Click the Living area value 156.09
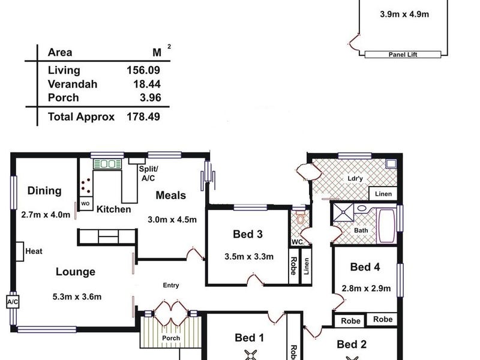[x=143, y=70]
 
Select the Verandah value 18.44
[x=147, y=84]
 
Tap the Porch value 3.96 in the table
[x=151, y=98]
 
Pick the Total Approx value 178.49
[x=143, y=116]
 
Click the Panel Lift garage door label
[x=403, y=55]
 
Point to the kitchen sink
[x=107, y=164]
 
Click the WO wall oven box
[x=85, y=203]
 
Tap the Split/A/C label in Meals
[x=148, y=173]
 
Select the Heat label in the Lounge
[x=34, y=251]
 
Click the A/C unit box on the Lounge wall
[x=13, y=302]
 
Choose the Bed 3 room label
[x=248, y=234]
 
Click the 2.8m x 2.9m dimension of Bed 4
[x=366, y=289]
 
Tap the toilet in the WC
[x=301, y=218]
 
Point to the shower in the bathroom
[x=343, y=212]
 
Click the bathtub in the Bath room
[x=387, y=226]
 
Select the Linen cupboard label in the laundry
[x=383, y=194]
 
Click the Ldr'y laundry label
[x=355, y=178]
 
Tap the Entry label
[x=171, y=286]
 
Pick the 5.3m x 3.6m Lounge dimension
[x=77, y=296]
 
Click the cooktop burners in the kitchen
[x=86, y=185]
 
